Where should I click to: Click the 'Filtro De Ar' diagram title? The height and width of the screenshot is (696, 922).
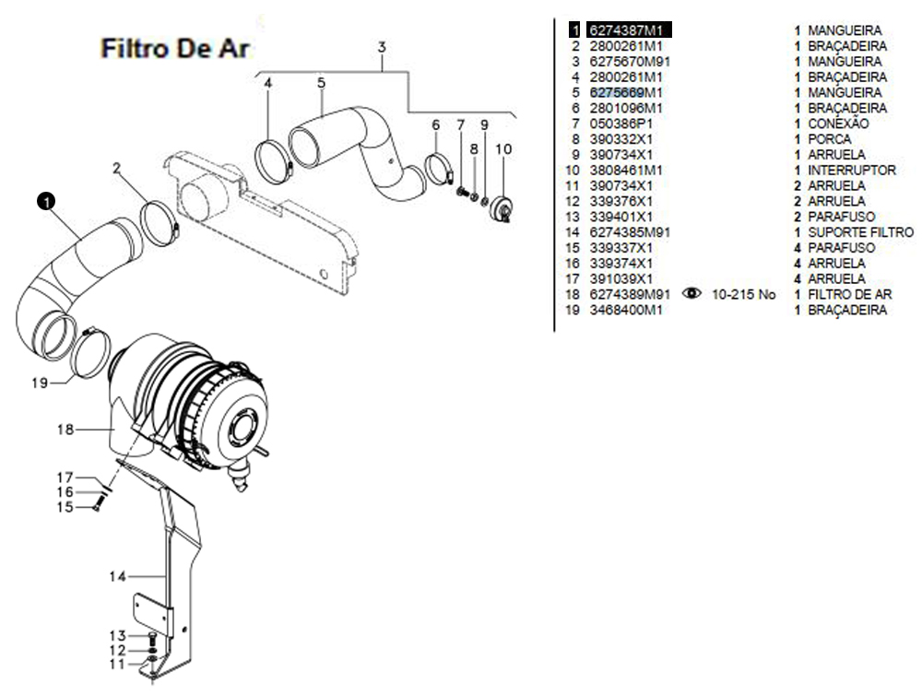175,48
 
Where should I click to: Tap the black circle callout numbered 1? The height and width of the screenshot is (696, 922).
45,199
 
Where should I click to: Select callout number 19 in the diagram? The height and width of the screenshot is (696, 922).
39,382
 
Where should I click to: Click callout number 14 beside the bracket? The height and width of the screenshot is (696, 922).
117,577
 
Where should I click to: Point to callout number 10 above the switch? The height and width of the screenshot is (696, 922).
503,148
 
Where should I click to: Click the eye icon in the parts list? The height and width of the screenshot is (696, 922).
691,294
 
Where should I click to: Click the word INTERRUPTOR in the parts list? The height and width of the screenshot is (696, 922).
851,171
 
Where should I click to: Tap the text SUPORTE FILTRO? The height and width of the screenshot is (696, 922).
860,232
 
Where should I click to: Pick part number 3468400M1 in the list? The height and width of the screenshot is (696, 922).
626,311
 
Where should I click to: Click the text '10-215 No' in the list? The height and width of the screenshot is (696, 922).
744,295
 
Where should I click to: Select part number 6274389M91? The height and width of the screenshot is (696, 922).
630,295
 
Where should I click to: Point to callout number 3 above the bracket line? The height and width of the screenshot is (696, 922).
382,47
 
